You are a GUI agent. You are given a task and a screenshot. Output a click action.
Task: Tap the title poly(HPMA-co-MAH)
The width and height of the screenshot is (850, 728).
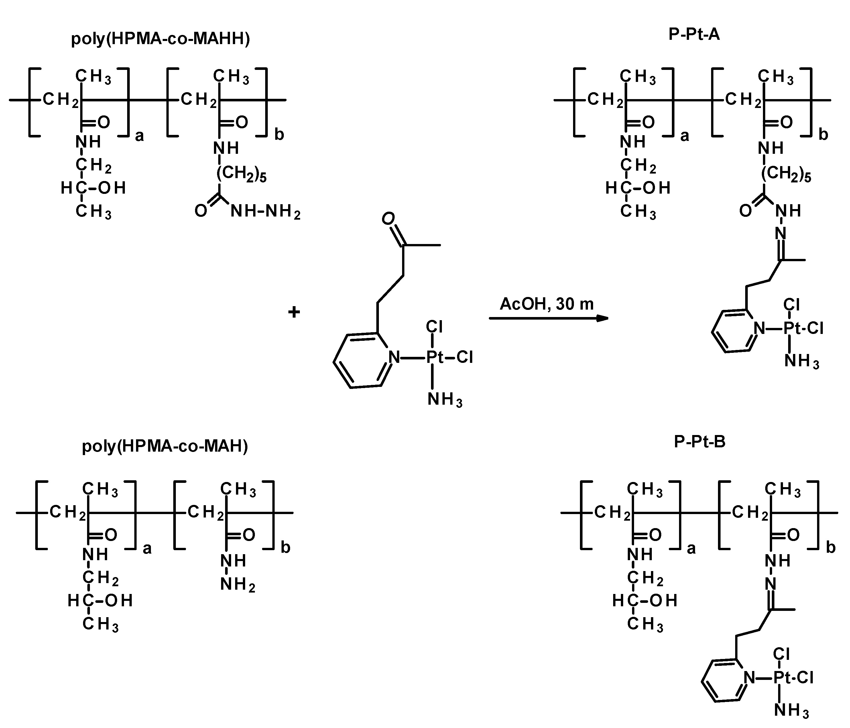[x=165, y=446]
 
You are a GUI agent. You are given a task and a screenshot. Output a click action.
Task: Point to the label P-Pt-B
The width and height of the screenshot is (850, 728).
[x=699, y=442]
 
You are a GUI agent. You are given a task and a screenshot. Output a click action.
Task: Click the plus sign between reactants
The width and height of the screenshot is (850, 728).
[x=294, y=312]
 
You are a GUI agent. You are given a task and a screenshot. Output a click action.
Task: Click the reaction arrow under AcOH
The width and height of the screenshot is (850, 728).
[x=548, y=318]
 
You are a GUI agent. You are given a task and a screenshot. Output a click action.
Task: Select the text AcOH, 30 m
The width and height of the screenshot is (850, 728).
[x=546, y=304]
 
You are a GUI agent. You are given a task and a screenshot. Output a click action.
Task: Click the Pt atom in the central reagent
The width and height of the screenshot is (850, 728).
[x=434, y=358]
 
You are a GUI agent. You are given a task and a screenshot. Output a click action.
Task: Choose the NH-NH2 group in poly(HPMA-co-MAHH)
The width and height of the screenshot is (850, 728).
[x=265, y=212]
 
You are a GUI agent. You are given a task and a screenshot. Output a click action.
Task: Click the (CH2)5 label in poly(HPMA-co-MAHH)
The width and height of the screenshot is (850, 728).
[x=241, y=174]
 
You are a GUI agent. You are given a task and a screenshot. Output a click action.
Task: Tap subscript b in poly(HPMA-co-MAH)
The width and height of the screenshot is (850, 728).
[x=286, y=548]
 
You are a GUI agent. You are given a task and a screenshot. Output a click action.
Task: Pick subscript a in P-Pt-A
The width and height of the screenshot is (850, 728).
[x=684, y=136]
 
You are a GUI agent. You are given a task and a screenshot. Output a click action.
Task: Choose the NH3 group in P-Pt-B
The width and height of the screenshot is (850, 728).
[x=791, y=710]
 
